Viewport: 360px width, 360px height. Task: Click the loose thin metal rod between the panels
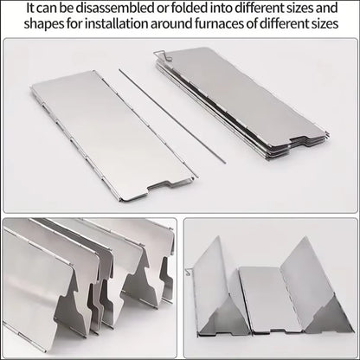point(173,116)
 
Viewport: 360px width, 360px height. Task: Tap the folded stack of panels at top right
point(260,104)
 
